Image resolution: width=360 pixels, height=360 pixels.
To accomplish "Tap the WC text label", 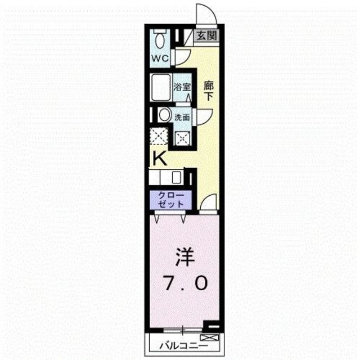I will pyautogui.click(x=159, y=57).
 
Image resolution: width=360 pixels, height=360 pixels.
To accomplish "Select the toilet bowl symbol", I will pyautogui.click(x=160, y=39).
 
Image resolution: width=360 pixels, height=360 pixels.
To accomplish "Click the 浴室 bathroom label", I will pyautogui.click(x=182, y=88).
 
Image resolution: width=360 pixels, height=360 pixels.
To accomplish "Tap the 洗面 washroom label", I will pyautogui.click(x=182, y=118).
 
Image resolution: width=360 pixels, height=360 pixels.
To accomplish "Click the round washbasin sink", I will pyautogui.click(x=164, y=115).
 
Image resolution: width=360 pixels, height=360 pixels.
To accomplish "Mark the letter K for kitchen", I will pyautogui.click(x=160, y=159).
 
